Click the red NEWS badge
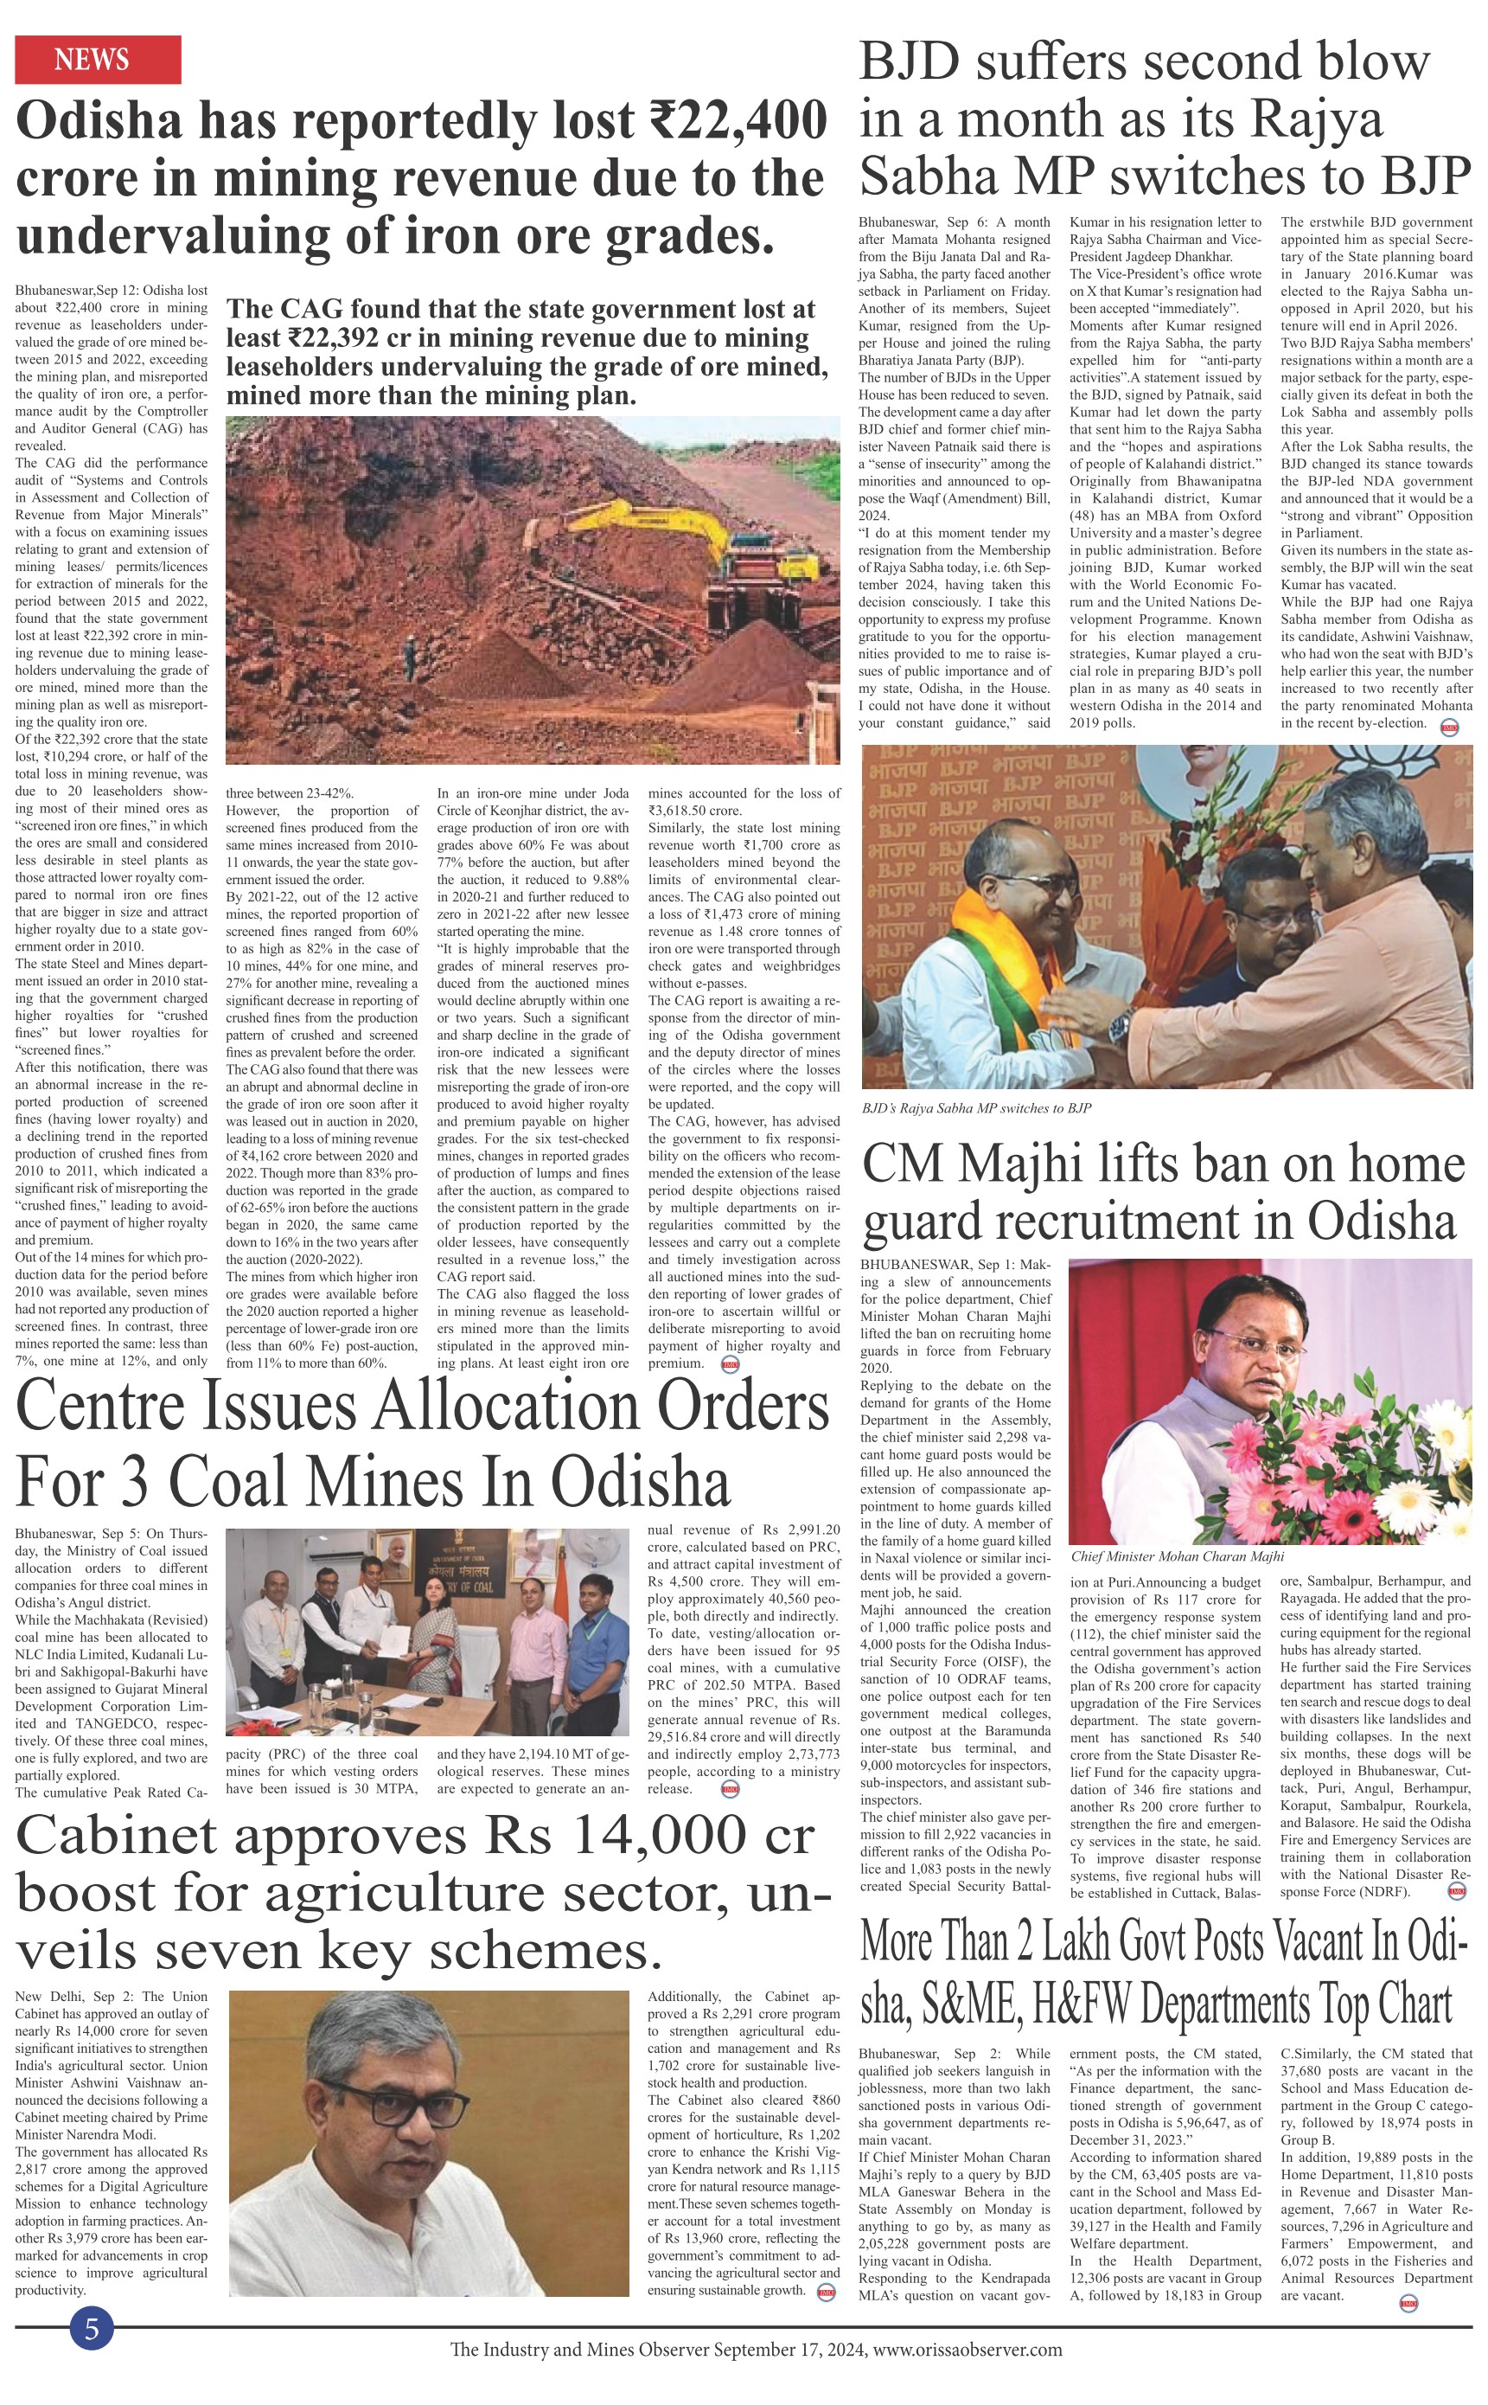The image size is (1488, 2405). pos(98,59)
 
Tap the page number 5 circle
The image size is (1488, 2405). pos(92,2329)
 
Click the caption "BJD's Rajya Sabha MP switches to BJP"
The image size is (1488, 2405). pos(975,1107)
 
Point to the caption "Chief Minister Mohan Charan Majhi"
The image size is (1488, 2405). pos(1177,1556)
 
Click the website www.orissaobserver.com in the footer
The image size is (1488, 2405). pos(968,2350)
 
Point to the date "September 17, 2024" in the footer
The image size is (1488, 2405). pos(790,2350)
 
